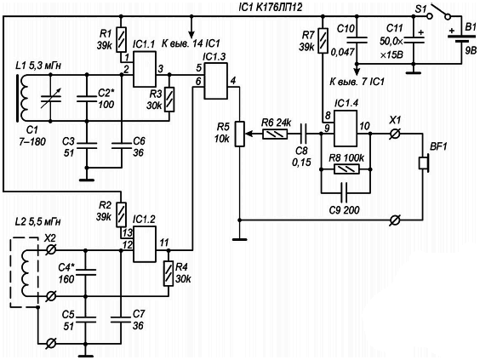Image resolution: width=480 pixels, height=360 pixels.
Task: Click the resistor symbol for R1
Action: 122,39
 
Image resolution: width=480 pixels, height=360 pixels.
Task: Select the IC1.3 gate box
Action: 216,81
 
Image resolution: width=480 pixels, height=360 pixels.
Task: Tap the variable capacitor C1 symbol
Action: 51,97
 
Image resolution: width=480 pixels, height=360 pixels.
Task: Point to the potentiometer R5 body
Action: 240,134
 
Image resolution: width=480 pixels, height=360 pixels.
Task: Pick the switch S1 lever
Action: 440,10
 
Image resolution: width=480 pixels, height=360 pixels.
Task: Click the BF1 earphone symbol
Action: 424,163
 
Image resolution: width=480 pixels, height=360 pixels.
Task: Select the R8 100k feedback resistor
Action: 346,169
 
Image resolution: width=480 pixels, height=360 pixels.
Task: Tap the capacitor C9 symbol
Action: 345,193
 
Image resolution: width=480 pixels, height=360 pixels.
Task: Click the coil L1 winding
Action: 24,98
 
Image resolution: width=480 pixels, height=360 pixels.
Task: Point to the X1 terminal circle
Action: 395,134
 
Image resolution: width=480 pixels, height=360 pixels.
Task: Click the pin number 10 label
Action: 364,126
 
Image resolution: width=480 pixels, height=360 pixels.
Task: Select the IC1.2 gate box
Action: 145,244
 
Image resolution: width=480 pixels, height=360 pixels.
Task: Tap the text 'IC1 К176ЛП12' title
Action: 270,7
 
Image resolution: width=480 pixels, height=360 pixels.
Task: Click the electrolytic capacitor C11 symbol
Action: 414,38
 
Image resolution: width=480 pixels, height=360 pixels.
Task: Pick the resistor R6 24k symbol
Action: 275,134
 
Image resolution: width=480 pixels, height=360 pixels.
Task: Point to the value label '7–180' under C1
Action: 32,141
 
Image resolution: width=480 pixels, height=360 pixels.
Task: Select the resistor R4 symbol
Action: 169,273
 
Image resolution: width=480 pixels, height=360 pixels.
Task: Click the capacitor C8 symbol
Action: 303,134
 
